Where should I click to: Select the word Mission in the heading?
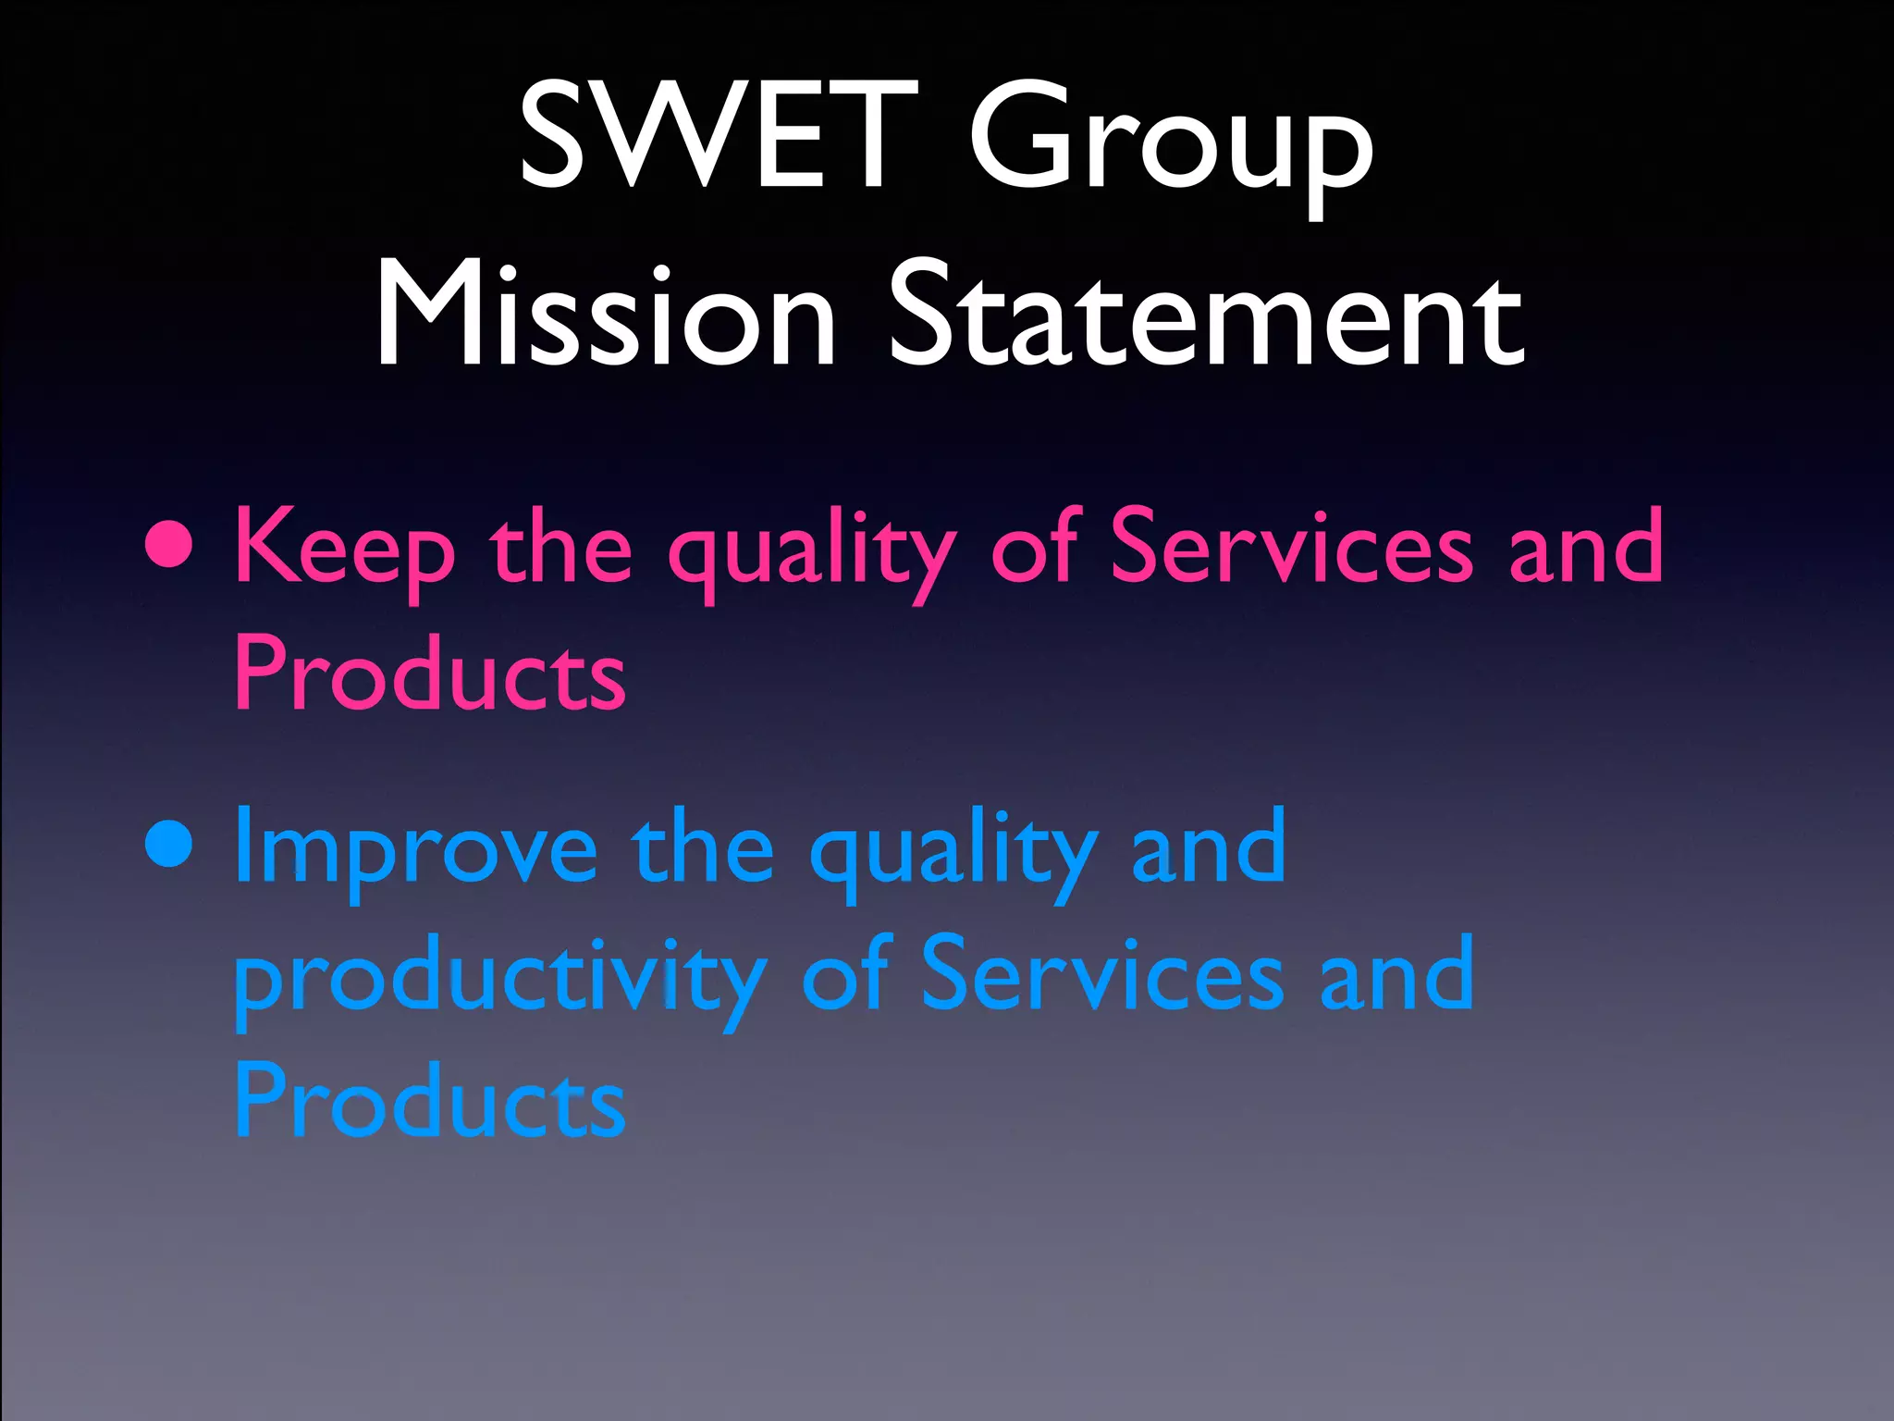[606, 315]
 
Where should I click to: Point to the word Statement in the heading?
[1206, 315]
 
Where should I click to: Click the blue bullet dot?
[170, 845]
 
